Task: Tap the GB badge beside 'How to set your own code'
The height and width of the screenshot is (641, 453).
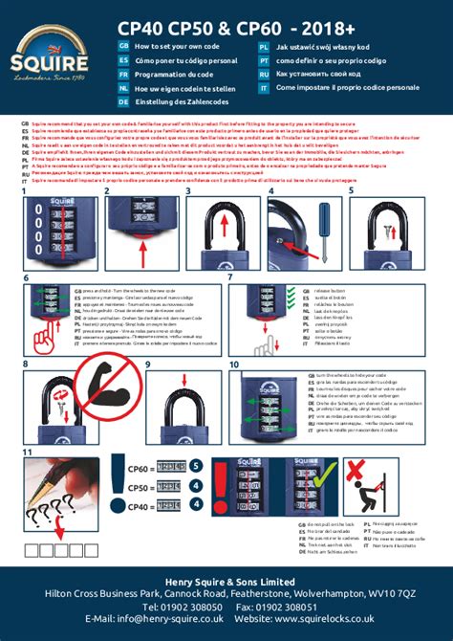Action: coord(123,46)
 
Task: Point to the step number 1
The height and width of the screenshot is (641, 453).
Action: coord(26,191)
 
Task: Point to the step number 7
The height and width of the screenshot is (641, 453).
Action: coord(234,276)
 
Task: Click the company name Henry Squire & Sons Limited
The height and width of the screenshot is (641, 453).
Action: coord(226,582)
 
